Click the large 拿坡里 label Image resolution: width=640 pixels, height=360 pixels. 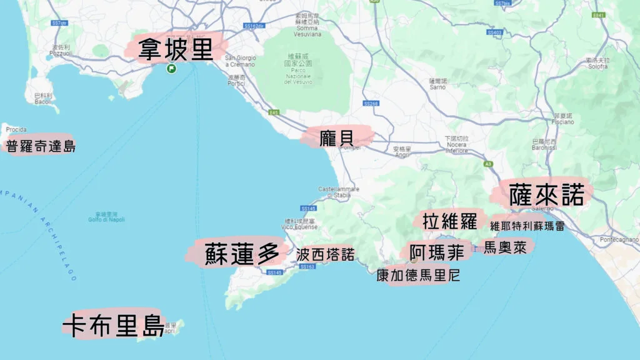pos(176,49)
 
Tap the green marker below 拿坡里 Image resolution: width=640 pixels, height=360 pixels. pos(171,69)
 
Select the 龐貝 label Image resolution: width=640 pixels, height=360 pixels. pos(337,137)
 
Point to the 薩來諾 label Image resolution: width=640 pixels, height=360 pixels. pos(546,195)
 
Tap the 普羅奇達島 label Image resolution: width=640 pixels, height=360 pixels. pos(41,147)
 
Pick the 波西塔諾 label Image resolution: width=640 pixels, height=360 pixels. pos(325,254)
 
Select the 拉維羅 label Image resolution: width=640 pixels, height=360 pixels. pos(449,221)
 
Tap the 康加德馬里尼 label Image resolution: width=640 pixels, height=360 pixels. pos(418,275)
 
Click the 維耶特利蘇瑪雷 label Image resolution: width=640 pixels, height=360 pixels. pos(527,226)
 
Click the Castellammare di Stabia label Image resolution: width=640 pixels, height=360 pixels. pos(334,191)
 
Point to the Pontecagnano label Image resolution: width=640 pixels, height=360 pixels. pos(619,239)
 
